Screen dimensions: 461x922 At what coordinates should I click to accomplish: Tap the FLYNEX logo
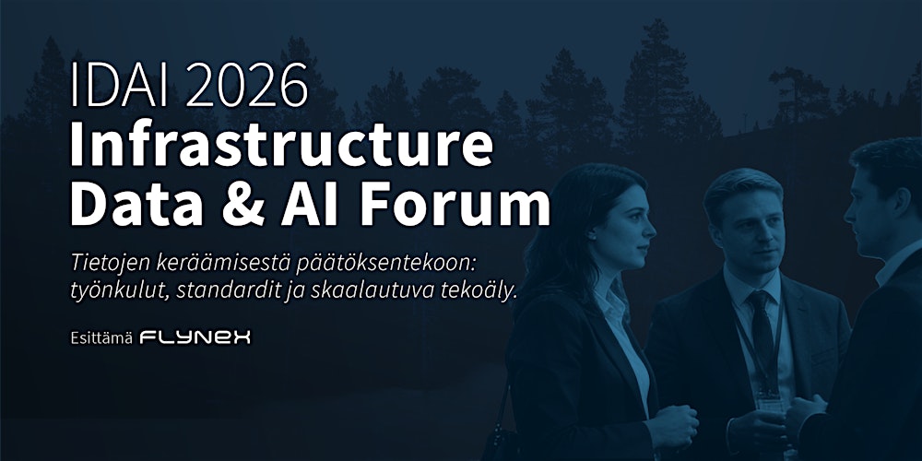click(x=195, y=337)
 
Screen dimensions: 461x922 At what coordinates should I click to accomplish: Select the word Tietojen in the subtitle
click(x=103, y=262)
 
